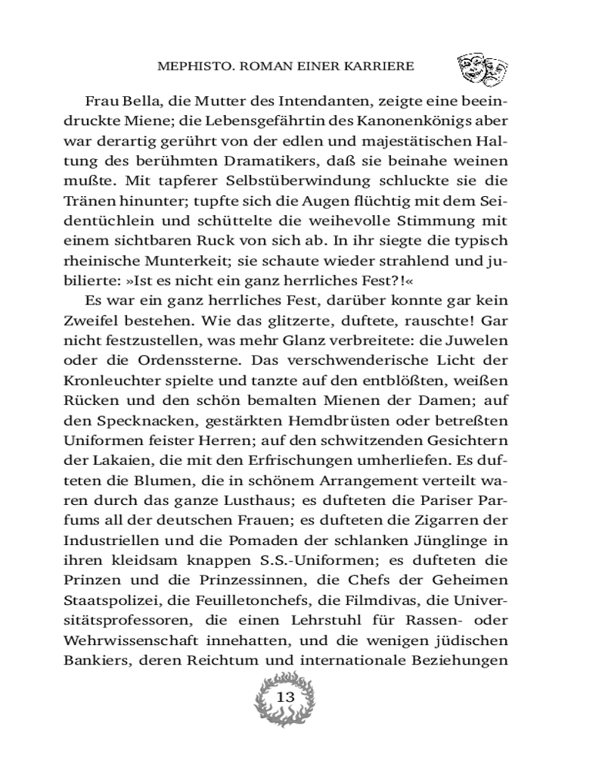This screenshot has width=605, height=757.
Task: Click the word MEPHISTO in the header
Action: [x=191, y=66]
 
